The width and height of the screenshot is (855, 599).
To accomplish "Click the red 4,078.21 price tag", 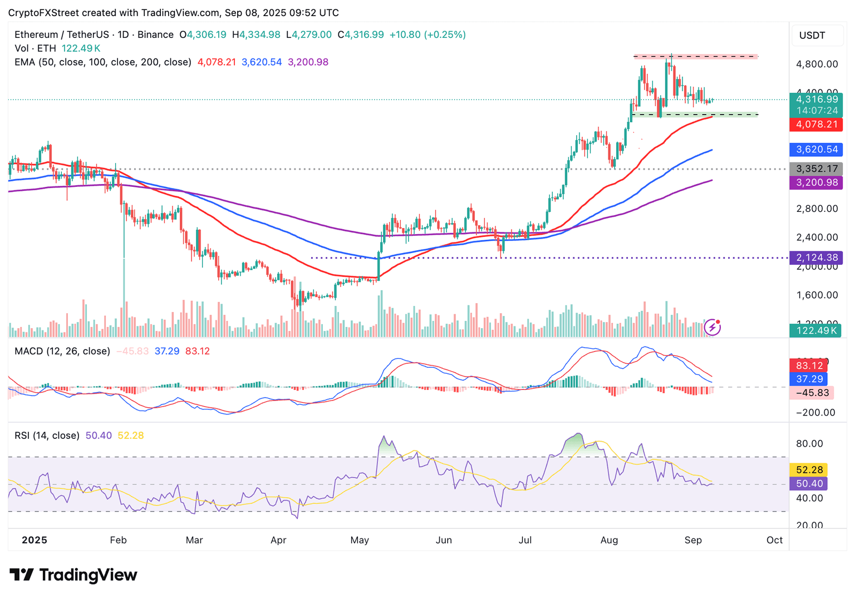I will click(x=816, y=124).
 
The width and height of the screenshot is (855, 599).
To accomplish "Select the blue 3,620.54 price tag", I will click(x=816, y=149).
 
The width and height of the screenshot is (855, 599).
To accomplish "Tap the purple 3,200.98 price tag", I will click(x=816, y=182).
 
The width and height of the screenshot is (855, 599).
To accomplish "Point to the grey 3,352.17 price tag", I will click(x=816, y=169).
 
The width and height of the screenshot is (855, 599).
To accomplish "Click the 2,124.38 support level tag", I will click(x=816, y=258).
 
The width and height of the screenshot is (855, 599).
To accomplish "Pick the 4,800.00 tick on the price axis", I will click(x=817, y=64).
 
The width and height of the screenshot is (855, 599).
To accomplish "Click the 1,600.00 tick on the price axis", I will click(x=817, y=295).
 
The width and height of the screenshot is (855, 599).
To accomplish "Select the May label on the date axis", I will click(x=360, y=540).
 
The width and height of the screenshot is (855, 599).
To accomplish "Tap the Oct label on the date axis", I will click(x=774, y=540).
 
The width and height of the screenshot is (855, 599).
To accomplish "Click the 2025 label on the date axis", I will click(x=34, y=540).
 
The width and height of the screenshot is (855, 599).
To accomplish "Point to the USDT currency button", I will click(x=812, y=36).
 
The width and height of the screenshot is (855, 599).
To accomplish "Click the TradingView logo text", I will click(x=73, y=575).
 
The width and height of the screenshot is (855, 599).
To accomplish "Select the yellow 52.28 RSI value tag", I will click(x=809, y=470).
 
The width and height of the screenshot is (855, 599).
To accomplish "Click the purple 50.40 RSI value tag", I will click(x=809, y=483).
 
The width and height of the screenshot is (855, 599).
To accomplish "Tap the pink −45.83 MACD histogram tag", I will click(x=812, y=393).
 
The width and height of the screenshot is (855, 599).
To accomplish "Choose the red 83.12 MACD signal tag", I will click(x=809, y=365).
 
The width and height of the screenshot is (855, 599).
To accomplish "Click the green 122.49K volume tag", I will click(x=816, y=330).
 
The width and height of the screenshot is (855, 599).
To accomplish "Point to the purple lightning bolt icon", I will click(x=712, y=328).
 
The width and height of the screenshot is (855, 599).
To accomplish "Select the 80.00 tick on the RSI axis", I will click(x=809, y=443).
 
